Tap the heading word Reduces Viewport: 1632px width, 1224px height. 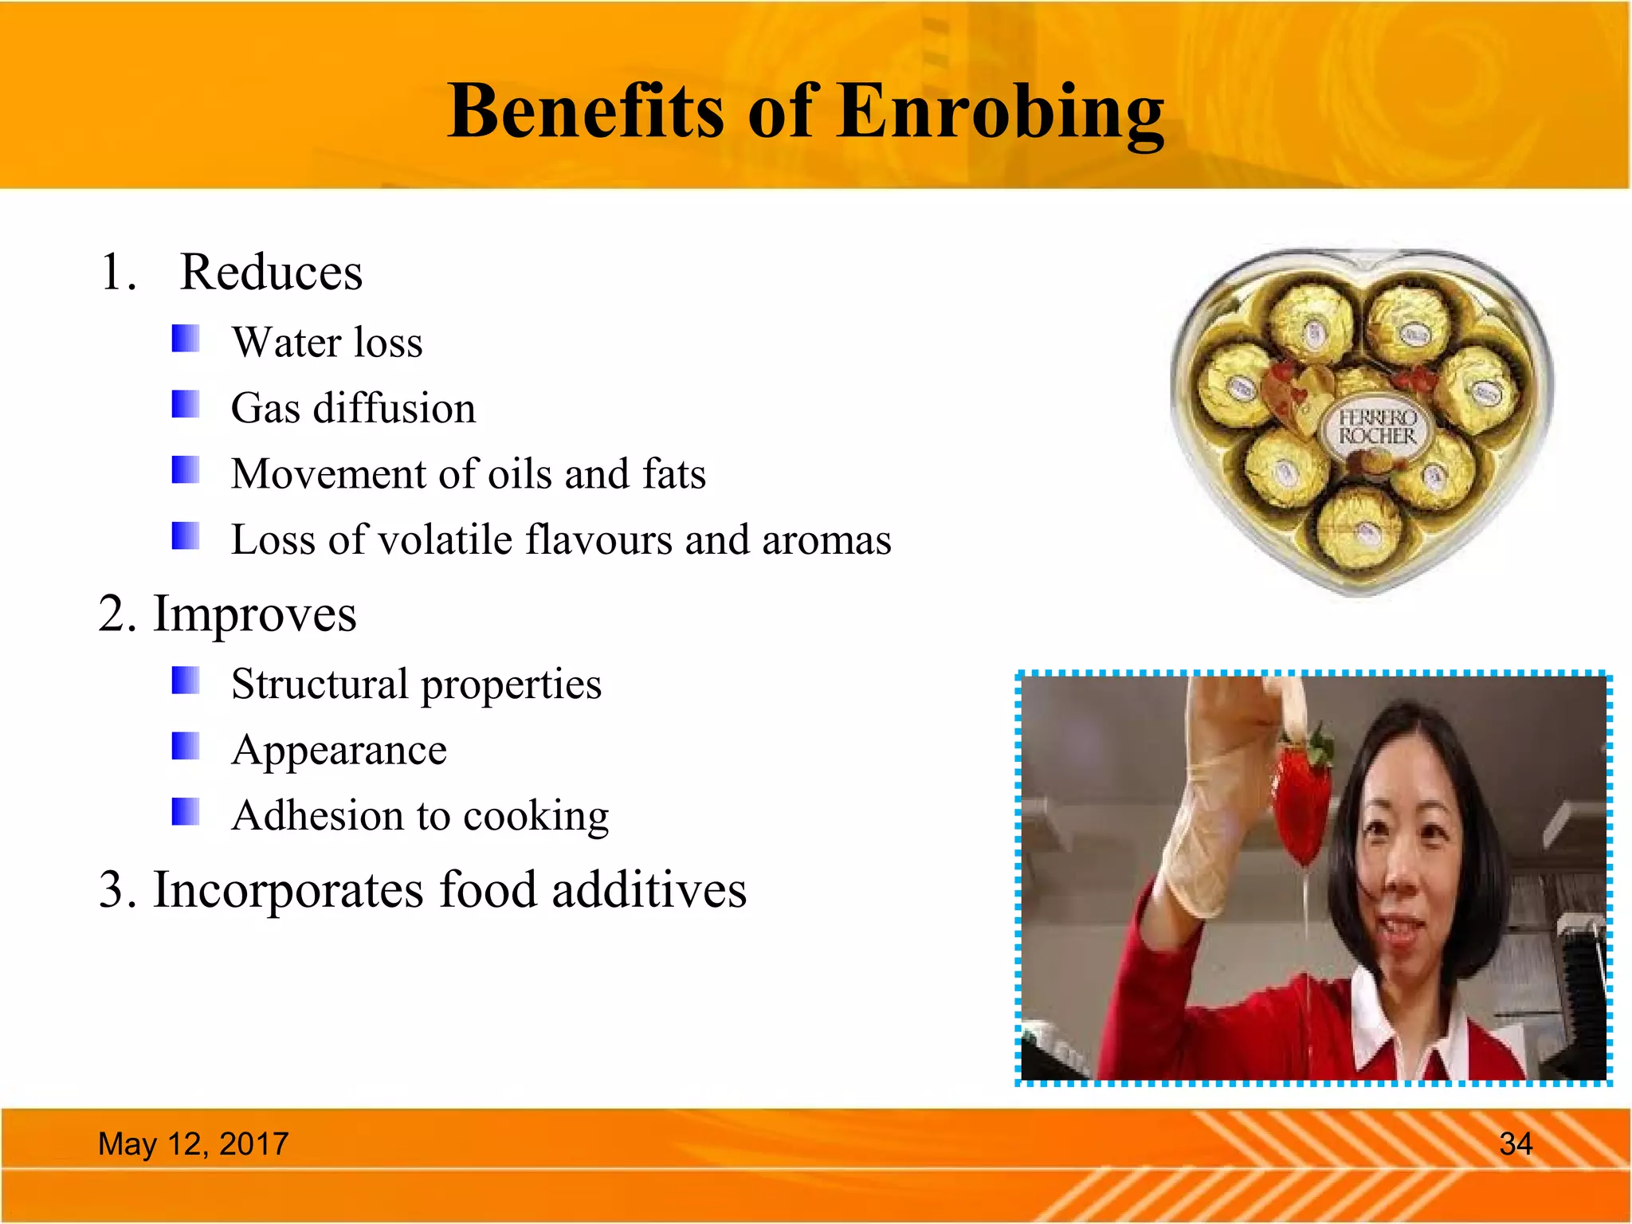pyautogui.click(x=271, y=273)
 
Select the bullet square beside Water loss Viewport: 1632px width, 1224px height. pyautogui.click(x=186, y=338)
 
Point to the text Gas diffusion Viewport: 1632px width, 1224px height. pyautogui.click(x=353, y=408)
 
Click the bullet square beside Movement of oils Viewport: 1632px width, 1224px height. pyautogui.click(x=186, y=469)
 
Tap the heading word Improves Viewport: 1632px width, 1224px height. pyautogui.click(x=254, y=614)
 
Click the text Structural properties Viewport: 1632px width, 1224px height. pyautogui.click(x=416, y=685)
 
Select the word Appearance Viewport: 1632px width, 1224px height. pyautogui.click(x=339, y=750)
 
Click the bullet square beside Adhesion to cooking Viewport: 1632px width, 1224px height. pyautogui.click(x=186, y=812)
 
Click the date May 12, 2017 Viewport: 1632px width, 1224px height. pyautogui.click(x=193, y=1144)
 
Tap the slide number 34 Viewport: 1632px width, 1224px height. pyautogui.click(x=1515, y=1144)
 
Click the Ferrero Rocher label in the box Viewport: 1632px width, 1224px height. pyautogui.click(x=1377, y=427)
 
